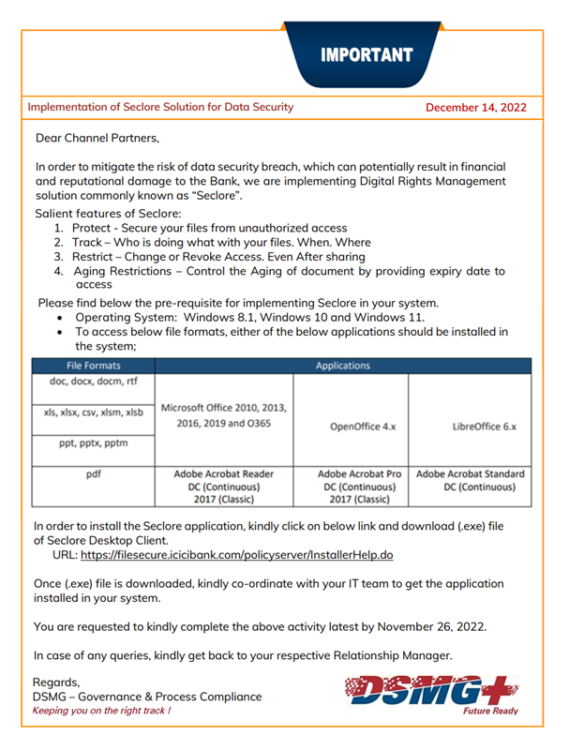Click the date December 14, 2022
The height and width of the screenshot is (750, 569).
coord(475,108)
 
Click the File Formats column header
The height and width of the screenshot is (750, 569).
coord(93,366)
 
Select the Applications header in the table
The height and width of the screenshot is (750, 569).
coord(342,366)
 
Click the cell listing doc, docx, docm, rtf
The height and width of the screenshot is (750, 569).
coord(93,382)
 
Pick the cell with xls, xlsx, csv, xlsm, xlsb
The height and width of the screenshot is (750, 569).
coord(93,412)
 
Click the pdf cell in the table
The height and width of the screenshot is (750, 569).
coord(93,474)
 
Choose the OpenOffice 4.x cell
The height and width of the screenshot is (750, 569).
coord(351,424)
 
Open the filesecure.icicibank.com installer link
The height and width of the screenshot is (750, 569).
coord(236,555)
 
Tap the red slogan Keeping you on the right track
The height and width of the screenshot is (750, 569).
coord(102,712)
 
